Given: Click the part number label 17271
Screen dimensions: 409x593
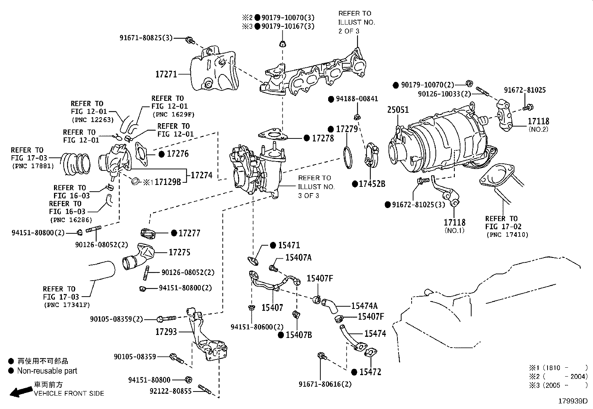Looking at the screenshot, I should [166, 74].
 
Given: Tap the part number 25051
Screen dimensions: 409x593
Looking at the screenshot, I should [398, 110].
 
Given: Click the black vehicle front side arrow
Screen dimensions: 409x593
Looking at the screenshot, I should [21, 391].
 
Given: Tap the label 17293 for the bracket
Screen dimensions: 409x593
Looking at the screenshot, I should [166, 332].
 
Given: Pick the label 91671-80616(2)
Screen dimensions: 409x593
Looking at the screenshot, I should [325, 384].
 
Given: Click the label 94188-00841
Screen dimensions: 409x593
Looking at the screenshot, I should [357, 99].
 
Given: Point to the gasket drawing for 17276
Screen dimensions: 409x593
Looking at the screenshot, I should [142, 153].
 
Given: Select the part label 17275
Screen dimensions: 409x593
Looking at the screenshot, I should [180, 252].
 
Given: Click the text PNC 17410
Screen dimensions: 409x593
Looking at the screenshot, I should [507, 235].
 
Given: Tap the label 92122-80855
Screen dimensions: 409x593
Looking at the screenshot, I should [171, 391].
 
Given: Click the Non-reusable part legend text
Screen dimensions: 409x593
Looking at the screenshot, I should [47, 371].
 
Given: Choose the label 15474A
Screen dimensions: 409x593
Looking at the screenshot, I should [364, 306].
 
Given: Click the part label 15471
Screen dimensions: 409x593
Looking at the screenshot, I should [289, 245].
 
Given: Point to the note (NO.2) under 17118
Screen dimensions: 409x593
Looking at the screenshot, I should [538, 129].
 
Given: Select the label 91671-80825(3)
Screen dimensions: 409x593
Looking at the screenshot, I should [146, 38].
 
